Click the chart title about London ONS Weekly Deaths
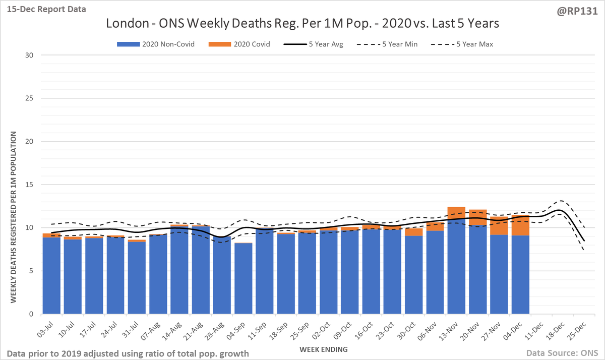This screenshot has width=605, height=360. (302, 24)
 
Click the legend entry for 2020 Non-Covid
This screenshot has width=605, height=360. (155, 44)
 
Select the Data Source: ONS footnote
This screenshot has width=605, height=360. (561, 353)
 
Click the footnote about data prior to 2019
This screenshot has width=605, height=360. (128, 353)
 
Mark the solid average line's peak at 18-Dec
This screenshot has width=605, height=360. (558, 210)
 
